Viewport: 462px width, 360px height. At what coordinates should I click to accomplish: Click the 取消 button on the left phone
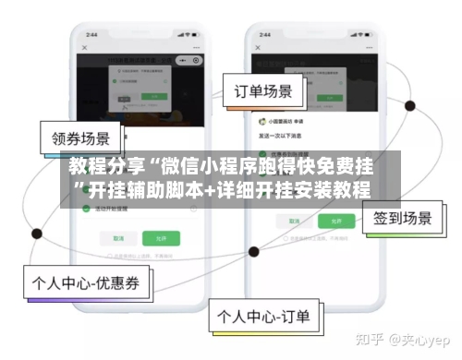pos(118,237)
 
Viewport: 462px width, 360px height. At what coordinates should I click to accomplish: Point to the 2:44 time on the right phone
pos(263,34)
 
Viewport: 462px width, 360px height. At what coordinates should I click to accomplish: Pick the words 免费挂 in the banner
pos(345,167)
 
